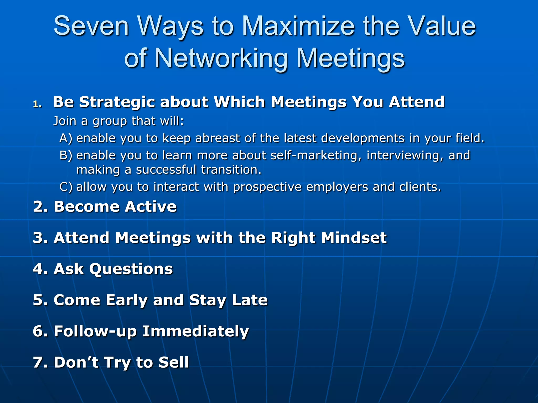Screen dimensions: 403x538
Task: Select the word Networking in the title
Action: coord(220,58)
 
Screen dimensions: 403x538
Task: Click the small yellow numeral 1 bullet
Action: coord(37,104)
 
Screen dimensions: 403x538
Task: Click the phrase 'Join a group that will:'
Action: coord(118,121)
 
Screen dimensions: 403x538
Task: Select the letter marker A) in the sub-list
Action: coord(66,138)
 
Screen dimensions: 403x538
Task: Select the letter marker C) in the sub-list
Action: coord(66,187)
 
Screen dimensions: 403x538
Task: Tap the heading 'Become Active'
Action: coord(115,207)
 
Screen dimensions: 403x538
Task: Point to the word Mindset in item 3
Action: coord(354,238)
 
